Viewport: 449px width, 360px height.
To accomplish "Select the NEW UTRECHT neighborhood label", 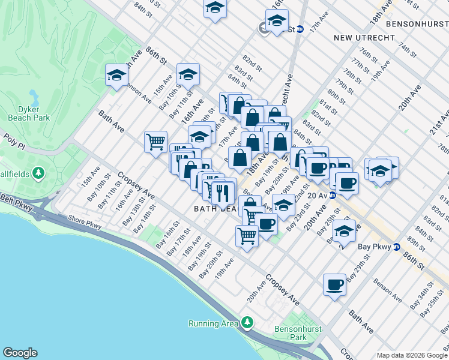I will (x=364, y=38).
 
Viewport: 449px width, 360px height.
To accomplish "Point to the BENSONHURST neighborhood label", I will (x=417, y=25).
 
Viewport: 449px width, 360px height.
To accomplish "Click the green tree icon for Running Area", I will (x=247, y=324).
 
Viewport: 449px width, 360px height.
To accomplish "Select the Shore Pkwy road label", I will (x=85, y=222).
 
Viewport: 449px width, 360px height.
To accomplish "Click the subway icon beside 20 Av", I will (x=332, y=195).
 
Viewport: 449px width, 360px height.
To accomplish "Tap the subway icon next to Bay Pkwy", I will (x=397, y=247).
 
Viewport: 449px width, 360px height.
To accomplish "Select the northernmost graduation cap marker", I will (x=214, y=8).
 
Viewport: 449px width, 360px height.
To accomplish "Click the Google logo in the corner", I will (x=20, y=353).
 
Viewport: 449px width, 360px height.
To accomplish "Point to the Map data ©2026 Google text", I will (x=411, y=355).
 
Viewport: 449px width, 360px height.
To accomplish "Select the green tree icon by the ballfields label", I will (x=39, y=174).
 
